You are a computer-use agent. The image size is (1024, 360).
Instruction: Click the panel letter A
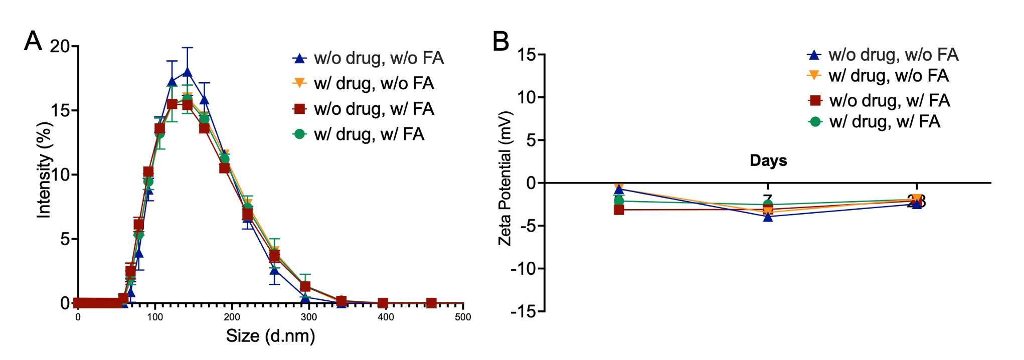click(33, 41)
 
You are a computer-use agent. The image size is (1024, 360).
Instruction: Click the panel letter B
click(501, 41)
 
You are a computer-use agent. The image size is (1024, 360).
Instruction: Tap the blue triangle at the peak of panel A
click(188, 72)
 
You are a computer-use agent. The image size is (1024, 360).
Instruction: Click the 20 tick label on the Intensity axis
click(60, 47)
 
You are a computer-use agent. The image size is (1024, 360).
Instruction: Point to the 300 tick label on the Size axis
click(309, 317)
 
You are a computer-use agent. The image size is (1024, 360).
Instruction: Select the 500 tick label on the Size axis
click(463, 317)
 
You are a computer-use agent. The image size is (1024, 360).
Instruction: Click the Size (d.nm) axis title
click(270, 335)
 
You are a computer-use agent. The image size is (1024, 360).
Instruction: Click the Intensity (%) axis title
click(44, 170)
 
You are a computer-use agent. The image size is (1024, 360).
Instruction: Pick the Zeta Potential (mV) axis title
click(504, 178)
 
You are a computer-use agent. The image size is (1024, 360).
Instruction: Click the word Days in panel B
click(768, 160)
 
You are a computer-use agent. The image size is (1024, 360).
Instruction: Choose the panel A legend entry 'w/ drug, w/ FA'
click(369, 134)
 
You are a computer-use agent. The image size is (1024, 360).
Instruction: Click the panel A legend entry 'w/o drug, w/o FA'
click(379, 58)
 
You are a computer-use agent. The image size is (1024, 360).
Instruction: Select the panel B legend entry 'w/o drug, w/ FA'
click(890, 101)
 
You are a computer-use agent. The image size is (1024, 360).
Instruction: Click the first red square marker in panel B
click(619, 210)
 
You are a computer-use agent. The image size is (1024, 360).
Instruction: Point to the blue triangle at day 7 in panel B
click(768, 217)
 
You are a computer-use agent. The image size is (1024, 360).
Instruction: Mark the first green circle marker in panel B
click(619, 201)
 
